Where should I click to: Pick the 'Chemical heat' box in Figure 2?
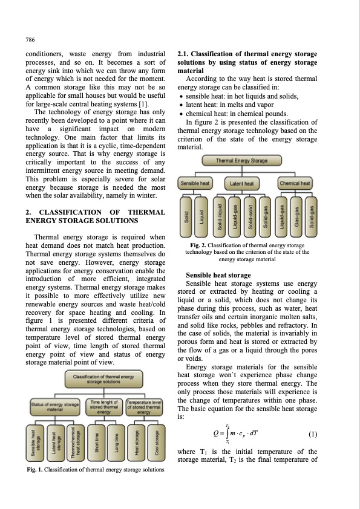(x=294, y=183)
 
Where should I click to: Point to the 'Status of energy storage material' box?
(x=56, y=406)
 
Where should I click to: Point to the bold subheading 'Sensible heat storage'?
(x=218, y=275)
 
